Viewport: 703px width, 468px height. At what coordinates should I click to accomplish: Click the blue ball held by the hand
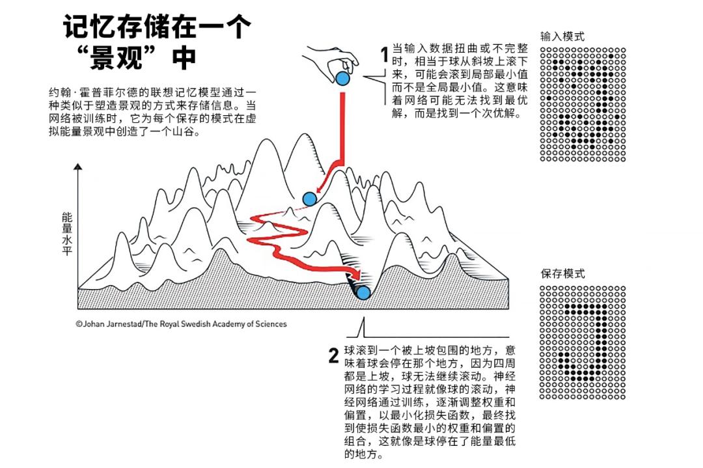(x=342, y=79)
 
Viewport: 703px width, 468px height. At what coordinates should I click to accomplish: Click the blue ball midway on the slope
(x=309, y=199)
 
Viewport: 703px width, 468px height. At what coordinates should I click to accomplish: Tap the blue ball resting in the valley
(x=363, y=293)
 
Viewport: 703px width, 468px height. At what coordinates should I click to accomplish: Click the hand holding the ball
(x=332, y=59)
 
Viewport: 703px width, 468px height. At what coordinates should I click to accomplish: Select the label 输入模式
(x=562, y=36)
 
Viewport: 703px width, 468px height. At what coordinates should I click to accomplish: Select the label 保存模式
(x=562, y=273)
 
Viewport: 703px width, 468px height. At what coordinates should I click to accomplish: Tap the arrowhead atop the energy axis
(x=78, y=168)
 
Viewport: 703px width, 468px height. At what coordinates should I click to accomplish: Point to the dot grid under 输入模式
(x=583, y=104)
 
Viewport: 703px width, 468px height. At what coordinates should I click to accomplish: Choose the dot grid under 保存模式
(x=583, y=342)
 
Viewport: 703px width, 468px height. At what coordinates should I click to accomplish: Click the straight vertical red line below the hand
(x=342, y=124)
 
